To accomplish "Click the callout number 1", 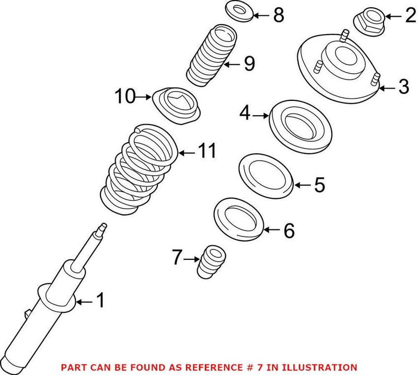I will click(99, 301).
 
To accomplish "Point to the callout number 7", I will click(178, 257).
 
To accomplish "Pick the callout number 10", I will click(125, 96).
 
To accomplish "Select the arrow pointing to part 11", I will click(185, 153).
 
